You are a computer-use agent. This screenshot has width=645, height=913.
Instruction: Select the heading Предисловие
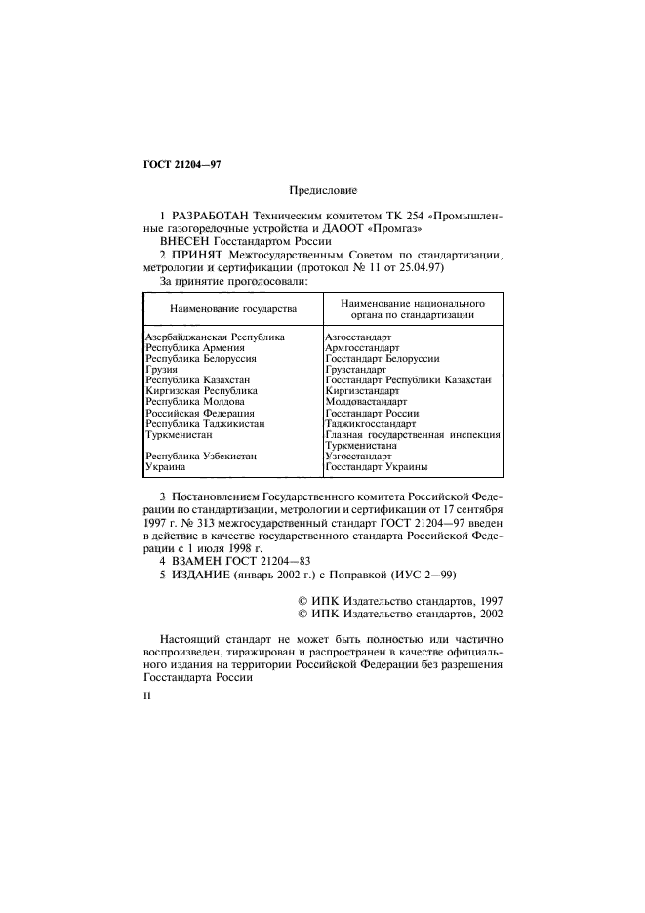point(323,192)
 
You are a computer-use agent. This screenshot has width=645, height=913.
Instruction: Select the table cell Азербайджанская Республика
point(214,337)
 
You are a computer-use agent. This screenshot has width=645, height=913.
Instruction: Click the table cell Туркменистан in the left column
point(177,433)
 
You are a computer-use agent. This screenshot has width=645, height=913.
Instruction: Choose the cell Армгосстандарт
point(362,347)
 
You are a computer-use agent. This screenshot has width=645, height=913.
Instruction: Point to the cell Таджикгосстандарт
point(369,424)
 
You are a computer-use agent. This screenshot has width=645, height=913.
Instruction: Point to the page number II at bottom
point(147,696)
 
